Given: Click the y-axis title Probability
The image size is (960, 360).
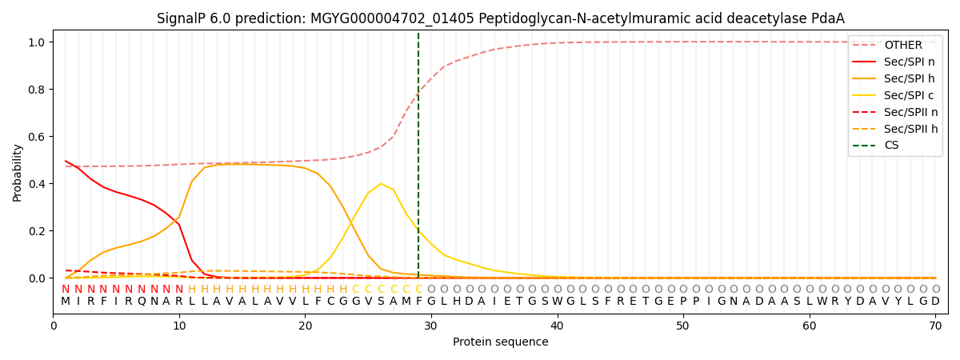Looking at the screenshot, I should (x=18, y=172).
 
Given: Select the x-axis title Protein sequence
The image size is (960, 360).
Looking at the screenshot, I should (x=501, y=342).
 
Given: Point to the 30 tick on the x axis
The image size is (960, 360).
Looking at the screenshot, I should (x=430, y=326).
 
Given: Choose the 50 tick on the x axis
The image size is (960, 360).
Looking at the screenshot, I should (x=682, y=326).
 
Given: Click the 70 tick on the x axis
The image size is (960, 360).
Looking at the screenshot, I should (x=935, y=326).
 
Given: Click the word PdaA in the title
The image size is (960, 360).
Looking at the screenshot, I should (x=827, y=18).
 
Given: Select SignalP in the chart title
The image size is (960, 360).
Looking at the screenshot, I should (x=183, y=18).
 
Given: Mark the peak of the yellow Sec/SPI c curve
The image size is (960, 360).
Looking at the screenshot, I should (x=381, y=184).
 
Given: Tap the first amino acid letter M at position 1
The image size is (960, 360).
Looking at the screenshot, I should (x=66, y=302).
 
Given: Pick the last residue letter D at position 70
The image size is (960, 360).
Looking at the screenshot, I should (x=935, y=302).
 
